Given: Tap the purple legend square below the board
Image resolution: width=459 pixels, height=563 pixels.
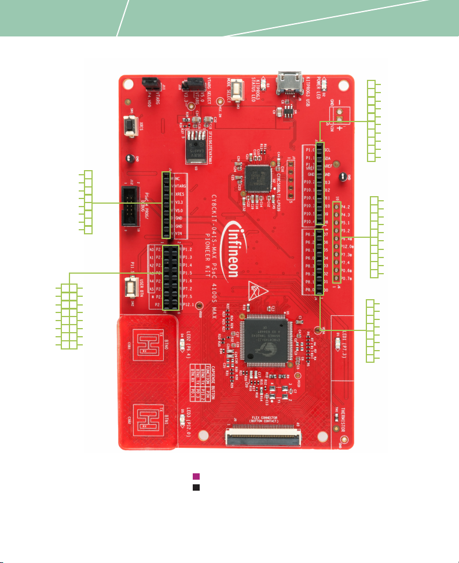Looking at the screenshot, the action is [196, 476].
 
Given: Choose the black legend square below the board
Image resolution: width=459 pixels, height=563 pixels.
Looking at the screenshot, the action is [196, 487].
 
